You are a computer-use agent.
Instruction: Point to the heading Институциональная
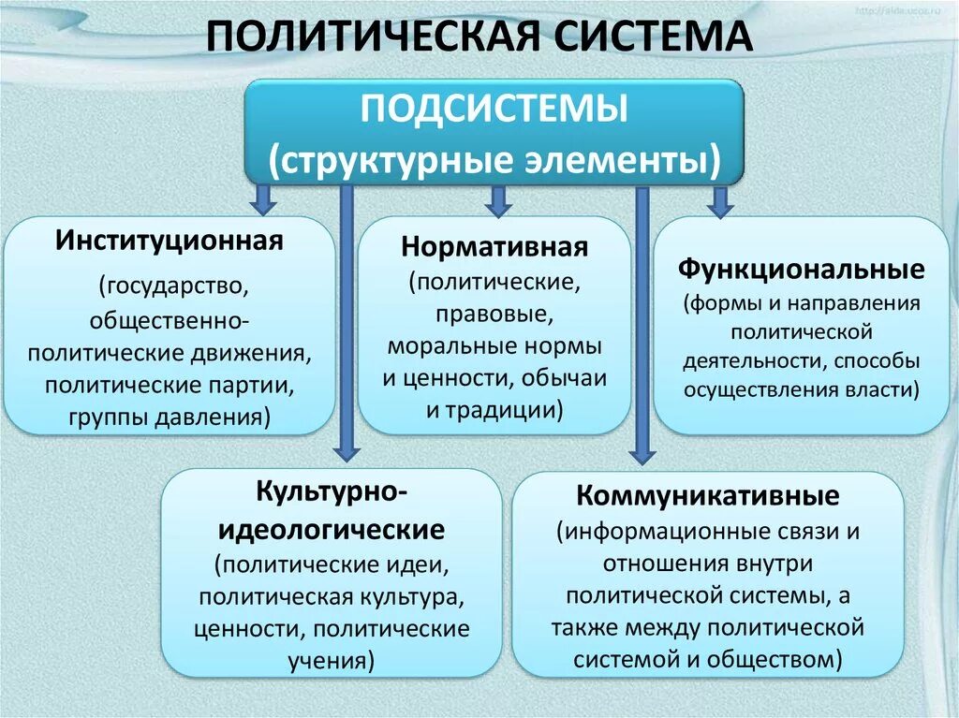(x=169, y=241)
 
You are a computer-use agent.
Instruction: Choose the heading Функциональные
(x=802, y=271)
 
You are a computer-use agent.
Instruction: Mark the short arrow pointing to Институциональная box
(x=263, y=198)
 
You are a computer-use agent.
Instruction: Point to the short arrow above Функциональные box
(x=719, y=199)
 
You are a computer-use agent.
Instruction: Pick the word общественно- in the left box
(x=169, y=320)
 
